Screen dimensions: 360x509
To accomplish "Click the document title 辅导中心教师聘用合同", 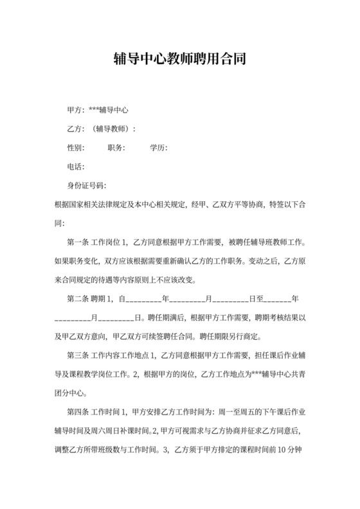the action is tap(180, 60).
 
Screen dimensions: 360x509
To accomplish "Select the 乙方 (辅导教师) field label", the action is tap(102, 129).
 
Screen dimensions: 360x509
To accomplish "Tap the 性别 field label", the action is tap(76, 148).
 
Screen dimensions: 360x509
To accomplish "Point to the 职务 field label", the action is tap(116, 148).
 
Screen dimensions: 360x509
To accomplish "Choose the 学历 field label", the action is tap(158, 148).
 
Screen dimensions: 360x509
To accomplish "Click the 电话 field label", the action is tap(76, 167).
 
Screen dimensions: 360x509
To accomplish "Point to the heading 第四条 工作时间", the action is tap(94, 411).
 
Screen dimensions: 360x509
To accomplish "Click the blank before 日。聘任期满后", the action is tap(117, 318).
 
